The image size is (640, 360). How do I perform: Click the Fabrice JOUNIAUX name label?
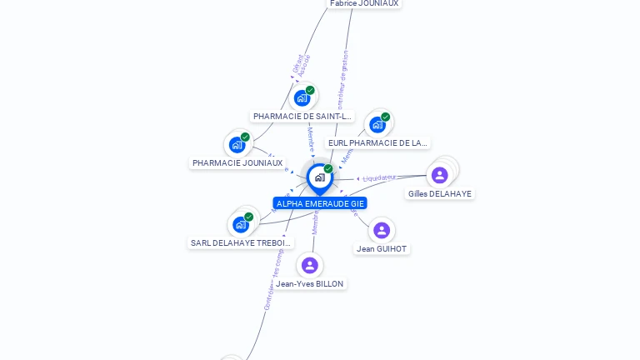tap(364, 3)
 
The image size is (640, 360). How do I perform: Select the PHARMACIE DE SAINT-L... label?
tap(303, 117)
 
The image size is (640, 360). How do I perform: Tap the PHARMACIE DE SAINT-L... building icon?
tap(302, 97)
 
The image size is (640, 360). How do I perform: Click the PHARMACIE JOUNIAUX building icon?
tap(237, 144)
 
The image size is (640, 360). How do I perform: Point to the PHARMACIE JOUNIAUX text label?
tap(237, 163)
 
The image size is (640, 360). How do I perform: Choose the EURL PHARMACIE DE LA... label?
tap(377, 143)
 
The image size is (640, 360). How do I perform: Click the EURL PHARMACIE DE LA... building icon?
tap(377, 125)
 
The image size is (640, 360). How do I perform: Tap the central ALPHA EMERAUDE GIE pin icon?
tap(319, 177)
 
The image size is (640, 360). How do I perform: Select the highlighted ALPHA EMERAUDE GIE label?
tap(320, 203)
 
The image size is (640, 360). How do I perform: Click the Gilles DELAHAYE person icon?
tap(439, 175)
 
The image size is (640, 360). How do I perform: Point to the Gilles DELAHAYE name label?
tap(439, 194)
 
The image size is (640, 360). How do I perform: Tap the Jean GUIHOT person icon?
tap(382, 230)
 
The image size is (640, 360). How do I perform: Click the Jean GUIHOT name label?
tap(382, 248)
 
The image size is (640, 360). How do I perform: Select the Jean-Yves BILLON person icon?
tap(310, 265)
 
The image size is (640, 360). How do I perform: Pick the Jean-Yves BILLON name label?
tap(310, 284)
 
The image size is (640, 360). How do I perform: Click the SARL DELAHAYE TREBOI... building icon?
tap(241, 224)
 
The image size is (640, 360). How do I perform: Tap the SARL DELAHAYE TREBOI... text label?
tap(242, 243)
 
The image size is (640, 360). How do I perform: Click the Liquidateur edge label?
tap(379, 177)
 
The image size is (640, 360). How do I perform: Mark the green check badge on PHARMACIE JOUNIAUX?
tap(245, 137)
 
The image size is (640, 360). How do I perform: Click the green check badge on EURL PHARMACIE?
tap(385, 117)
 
